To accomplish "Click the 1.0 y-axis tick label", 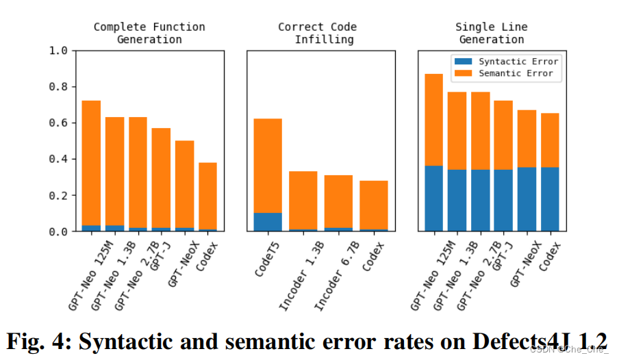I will [x=58, y=51].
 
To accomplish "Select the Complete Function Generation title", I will [x=149, y=33].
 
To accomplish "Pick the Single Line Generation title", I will [x=491, y=33].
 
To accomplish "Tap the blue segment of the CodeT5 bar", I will [x=268, y=222].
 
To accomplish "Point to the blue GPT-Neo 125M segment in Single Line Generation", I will [x=433, y=198].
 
